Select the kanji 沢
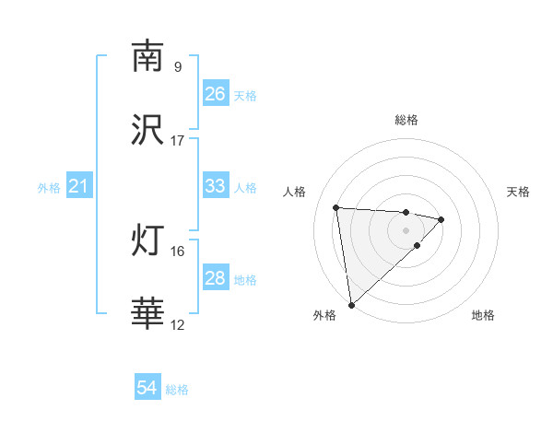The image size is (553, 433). [x=147, y=130]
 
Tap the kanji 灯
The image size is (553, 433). [x=147, y=240]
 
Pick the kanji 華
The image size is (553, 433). [x=147, y=314]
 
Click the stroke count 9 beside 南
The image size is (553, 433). [x=178, y=66]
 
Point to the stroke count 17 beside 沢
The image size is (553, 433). [x=178, y=141]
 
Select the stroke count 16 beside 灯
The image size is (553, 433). [x=178, y=251]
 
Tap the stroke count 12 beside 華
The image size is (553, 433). [x=178, y=325]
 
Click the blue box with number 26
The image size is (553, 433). [x=215, y=94]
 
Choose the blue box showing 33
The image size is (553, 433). [x=215, y=186]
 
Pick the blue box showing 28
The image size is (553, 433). [x=215, y=278]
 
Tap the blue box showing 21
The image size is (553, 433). [x=79, y=187]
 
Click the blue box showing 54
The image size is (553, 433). [x=147, y=389]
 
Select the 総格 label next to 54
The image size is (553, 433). [x=177, y=390]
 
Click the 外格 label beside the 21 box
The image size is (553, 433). [x=49, y=188]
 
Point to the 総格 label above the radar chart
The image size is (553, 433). [x=406, y=120]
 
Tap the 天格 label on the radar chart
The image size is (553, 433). [x=518, y=192]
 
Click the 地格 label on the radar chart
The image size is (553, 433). [x=483, y=316]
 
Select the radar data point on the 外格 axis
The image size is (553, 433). [x=351, y=304]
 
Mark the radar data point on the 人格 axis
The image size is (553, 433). [x=336, y=206]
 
